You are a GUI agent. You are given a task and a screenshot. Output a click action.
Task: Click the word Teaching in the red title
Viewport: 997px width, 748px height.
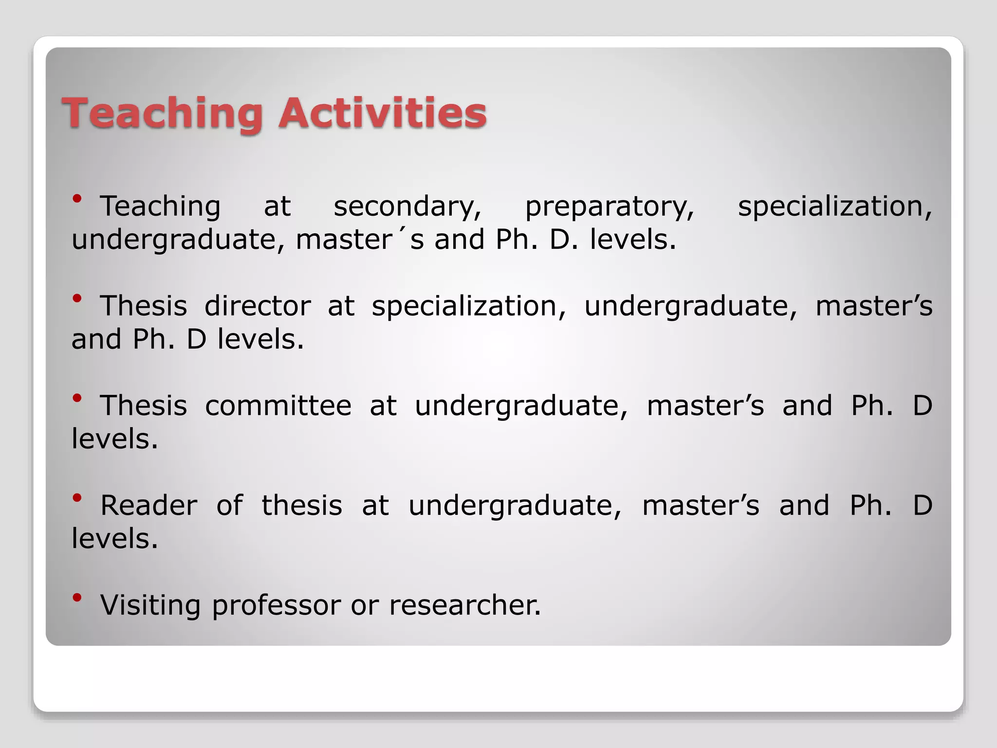coord(161,113)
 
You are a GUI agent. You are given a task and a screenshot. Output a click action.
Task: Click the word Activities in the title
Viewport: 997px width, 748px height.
coord(382,113)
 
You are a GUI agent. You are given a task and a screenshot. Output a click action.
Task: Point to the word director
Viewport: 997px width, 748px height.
coord(258,306)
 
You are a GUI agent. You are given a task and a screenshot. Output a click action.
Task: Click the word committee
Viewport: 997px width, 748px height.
coord(278,406)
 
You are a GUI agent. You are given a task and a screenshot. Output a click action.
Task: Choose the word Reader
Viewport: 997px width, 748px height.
coord(149,505)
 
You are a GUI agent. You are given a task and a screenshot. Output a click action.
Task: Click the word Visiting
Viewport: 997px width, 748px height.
coord(150,605)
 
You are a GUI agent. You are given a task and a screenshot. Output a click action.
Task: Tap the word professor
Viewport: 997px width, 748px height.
coord(276,606)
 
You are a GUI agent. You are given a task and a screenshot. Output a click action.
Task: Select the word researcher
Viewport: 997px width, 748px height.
coord(464,605)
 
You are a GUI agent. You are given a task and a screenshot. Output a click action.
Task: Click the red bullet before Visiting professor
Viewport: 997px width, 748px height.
coord(77,597)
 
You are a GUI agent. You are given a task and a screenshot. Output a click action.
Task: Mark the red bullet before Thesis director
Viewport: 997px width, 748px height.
coord(77,298)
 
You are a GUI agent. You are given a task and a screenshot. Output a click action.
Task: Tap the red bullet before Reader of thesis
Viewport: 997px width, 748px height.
coord(77,497)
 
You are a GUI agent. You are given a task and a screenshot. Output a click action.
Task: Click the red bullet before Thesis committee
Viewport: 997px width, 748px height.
coord(77,398)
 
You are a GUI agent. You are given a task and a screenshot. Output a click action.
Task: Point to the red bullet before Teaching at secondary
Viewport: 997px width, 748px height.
coord(77,198)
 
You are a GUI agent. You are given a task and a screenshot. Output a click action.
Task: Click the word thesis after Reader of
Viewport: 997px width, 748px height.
coord(302,505)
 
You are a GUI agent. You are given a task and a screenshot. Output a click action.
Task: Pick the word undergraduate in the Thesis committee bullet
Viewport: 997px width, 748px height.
coord(521,407)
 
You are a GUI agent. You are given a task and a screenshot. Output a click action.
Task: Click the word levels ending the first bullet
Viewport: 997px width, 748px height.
coord(632,240)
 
